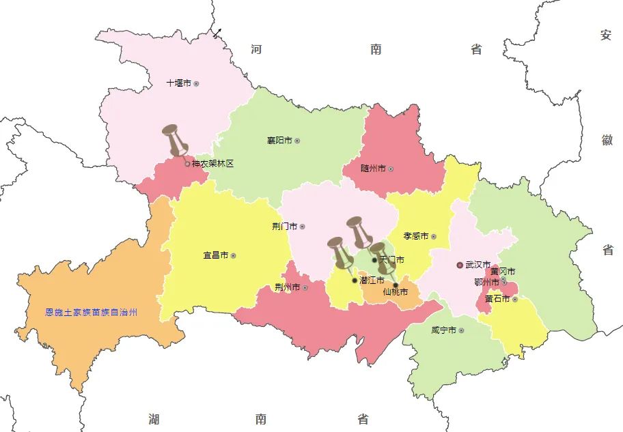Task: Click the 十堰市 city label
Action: [x=179, y=83]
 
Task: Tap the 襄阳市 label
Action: [x=279, y=141]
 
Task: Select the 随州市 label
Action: [x=373, y=169]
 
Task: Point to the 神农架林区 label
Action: [x=213, y=164]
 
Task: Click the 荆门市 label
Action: [x=284, y=227]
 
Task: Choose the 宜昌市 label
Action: [x=215, y=256]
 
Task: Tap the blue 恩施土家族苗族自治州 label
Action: [x=92, y=313]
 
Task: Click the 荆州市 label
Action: [x=287, y=287]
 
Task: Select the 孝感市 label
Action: [x=415, y=236]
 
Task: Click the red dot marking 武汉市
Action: [x=460, y=265]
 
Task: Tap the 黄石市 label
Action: [x=497, y=299]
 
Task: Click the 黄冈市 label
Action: [x=503, y=272]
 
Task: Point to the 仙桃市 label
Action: [x=396, y=292]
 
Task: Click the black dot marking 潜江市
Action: [x=354, y=280]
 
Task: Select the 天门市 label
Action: [x=391, y=260]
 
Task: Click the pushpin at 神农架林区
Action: [x=176, y=141]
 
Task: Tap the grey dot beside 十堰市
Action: [x=196, y=84]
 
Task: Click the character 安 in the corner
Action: [x=606, y=35]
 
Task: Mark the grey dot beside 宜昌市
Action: [x=233, y=256]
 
